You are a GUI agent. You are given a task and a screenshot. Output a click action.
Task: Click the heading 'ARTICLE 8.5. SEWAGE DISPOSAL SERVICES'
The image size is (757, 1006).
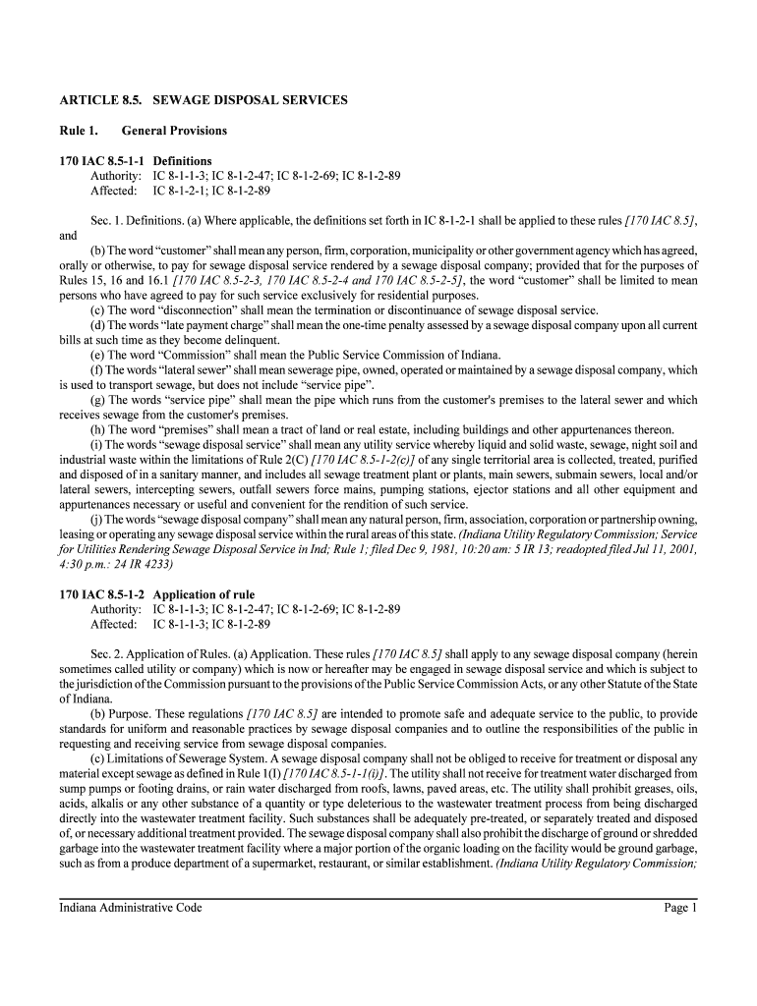coord(204,100)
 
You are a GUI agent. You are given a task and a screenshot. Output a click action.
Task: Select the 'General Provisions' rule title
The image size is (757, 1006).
coord(174,131)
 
